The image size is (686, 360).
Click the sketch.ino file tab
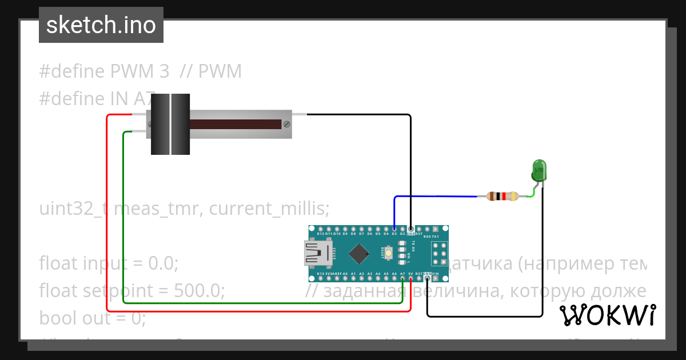[x=101, y=25]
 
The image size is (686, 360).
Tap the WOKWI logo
[x=607, y=315]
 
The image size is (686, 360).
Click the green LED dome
[x=539, y=169]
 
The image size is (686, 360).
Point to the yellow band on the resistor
[x=513, y=197]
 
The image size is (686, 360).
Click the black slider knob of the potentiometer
[x=170, y=124]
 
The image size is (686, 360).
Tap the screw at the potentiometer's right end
[x=286, y=123]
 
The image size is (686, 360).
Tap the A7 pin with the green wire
[x=403, y=278]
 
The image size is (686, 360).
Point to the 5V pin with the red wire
[x=410, y=278]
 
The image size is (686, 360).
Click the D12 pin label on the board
[x=320, y=234]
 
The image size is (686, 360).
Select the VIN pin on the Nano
[x=436, y=274]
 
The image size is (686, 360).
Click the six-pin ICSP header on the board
[x=439, y=253]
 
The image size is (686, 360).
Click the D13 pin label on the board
[x=320, y=274]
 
